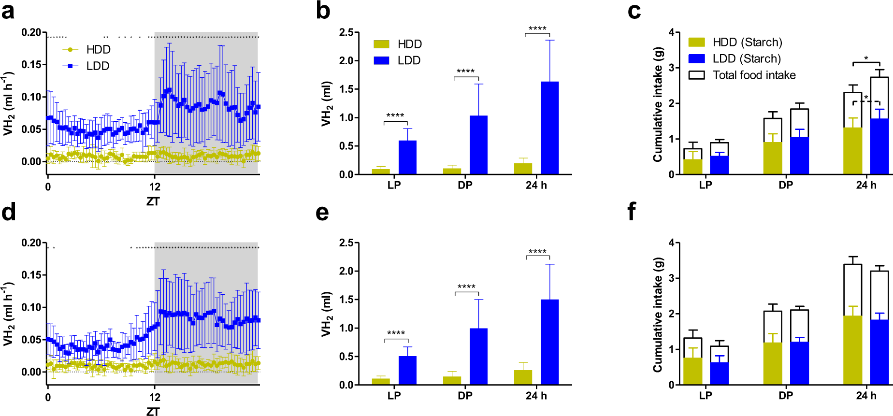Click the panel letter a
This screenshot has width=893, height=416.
[x=8, y=11]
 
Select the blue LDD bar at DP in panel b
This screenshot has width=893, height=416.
[x=478, y=145]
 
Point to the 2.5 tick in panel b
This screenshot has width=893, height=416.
[x=346, y=32]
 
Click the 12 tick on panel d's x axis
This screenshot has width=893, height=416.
[x=155, y=397]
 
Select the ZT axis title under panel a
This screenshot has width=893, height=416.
[x=153, y=201]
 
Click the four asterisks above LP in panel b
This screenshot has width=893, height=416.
[x=395, y=115]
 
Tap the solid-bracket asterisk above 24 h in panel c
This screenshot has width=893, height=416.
[x=866, y=58]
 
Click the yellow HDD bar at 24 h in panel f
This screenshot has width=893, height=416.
[x=852, y=350]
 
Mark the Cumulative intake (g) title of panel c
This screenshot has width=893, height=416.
[x=658, y=104]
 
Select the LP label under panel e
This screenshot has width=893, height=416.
[x=394, y=396]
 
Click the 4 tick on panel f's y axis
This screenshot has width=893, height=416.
[x=671, y=243]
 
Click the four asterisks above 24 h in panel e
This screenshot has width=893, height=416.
[x=537, y=252]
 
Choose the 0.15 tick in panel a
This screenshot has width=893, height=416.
[x=31, y=64]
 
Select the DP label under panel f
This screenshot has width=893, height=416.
[x=786, y=396]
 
